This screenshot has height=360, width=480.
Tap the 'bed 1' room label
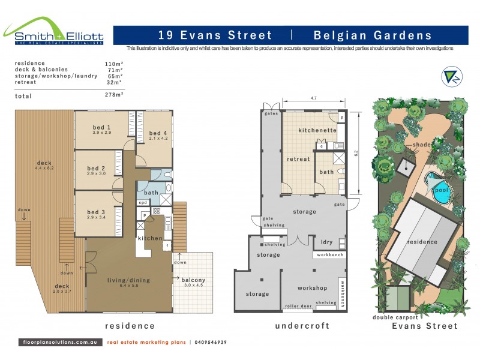(x=101, y=127)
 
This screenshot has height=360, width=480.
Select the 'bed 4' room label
(x=158, y=133)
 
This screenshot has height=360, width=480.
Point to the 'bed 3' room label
(x=96, y=212)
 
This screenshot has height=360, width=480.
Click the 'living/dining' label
(x=128, y=280)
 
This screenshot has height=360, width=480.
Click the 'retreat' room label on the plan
(x=298, y=159)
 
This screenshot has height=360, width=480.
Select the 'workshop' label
(x=312, y=288)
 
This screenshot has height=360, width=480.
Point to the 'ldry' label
(x=327, y=242)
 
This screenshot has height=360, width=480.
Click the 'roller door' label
(x=299, y=306)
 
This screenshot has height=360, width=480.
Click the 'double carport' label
(x=395, y=317)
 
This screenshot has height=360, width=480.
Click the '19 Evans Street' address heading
(x=214, y=35)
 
